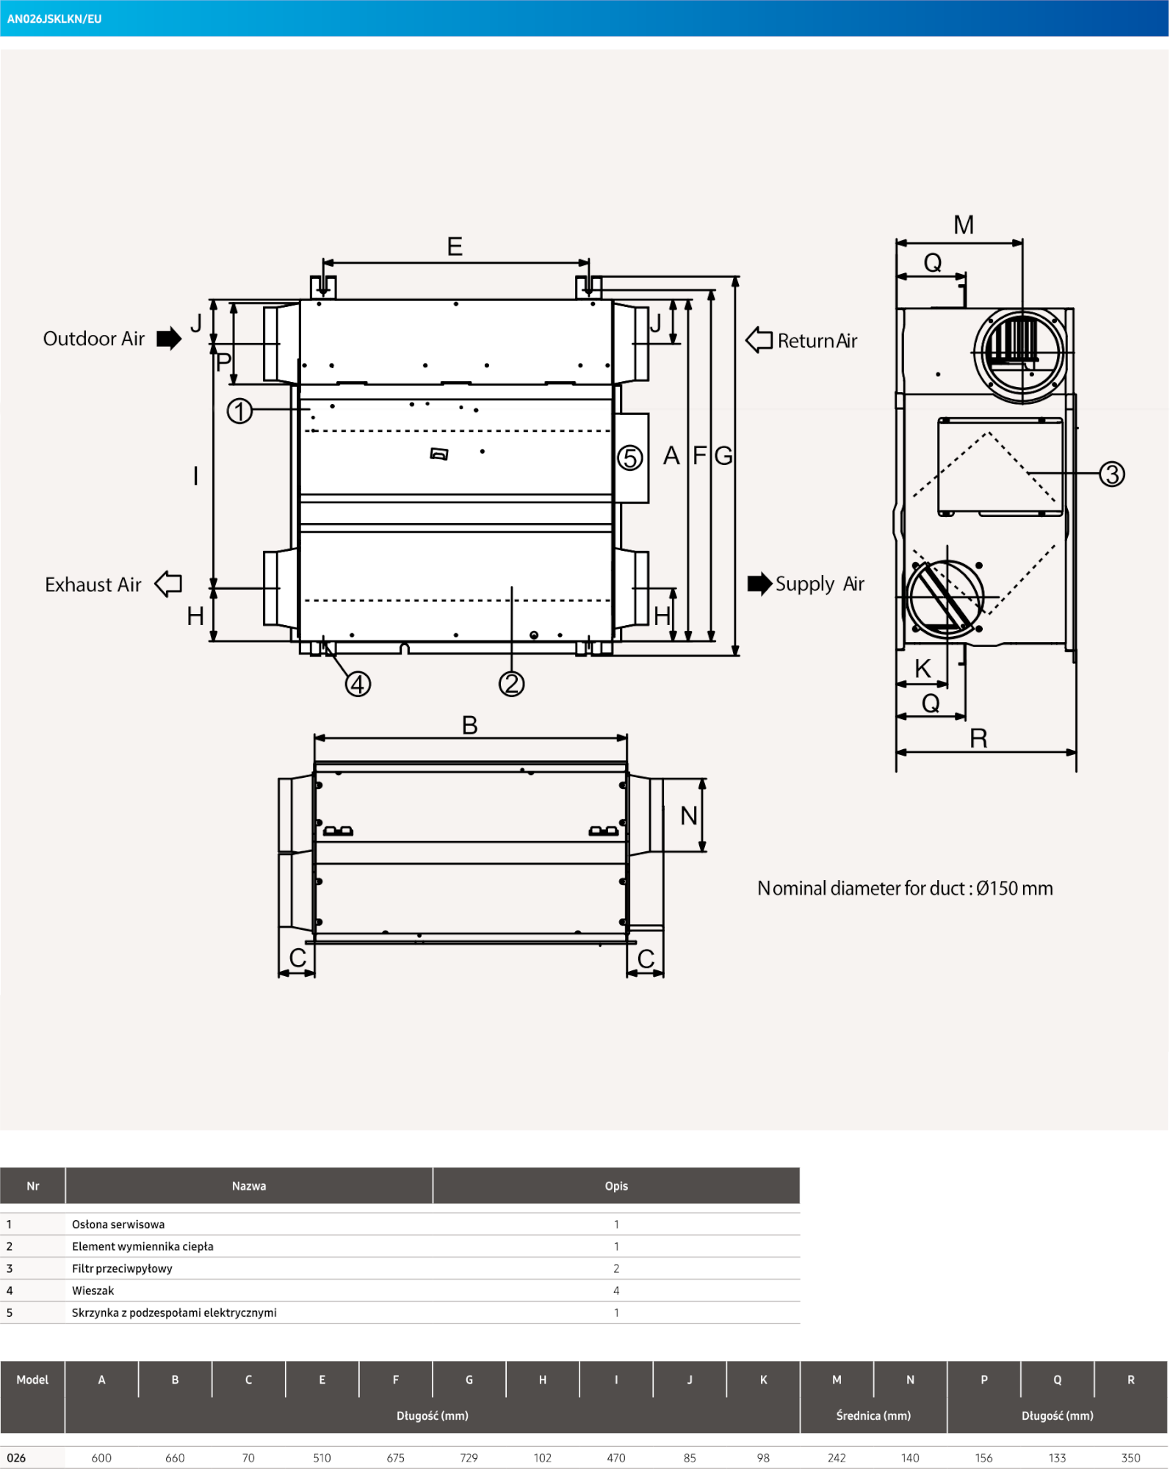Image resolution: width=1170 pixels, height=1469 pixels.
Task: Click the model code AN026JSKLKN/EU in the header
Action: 54,19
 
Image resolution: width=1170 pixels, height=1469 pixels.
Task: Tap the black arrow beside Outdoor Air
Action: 169,339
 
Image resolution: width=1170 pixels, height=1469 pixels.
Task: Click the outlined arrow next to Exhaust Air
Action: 169,584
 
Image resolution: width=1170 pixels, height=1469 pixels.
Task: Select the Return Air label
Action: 817,341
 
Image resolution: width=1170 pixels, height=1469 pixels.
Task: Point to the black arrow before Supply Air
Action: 759,584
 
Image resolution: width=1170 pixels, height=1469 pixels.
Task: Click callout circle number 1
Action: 239,411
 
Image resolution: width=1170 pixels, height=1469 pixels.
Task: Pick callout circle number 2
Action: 511,684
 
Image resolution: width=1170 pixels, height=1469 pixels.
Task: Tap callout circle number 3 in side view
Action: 1112,474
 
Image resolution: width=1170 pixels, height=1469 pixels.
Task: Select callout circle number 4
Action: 358,685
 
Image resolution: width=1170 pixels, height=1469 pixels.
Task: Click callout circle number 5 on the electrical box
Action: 629,458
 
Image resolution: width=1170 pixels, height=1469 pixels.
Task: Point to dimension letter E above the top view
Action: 455,247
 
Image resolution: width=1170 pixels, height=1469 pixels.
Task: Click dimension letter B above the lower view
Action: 470,726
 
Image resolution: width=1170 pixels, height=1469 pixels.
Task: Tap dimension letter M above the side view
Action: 964,225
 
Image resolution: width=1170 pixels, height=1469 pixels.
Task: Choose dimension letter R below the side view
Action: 978,738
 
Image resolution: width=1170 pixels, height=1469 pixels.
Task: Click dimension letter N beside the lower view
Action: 688,815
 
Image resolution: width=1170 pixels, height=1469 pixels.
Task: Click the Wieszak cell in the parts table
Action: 93,1291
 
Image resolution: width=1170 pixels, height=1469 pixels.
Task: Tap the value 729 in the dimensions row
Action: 469,1458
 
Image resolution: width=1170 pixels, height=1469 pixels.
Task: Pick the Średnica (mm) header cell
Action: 873,1415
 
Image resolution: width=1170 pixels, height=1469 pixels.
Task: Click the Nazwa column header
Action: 249,1186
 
